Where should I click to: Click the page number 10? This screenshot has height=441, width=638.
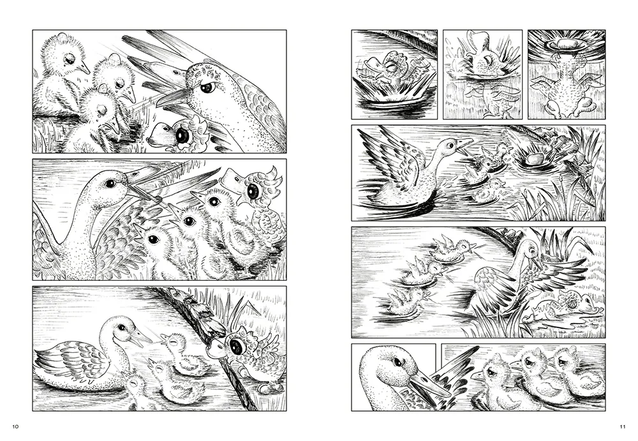coord(15,427)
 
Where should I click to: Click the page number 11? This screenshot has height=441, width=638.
coord(623,427)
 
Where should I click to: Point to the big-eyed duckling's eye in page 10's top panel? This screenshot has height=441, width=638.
coord(181,135)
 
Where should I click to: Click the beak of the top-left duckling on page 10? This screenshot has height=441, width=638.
coord(84,67)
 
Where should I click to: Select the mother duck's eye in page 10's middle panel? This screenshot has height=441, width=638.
coord(110,184)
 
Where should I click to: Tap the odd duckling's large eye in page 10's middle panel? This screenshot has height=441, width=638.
coord(253,191)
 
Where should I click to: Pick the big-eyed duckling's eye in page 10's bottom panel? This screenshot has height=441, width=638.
coord(235,347)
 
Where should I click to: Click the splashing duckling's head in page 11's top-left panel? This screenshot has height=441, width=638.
coord(389,63)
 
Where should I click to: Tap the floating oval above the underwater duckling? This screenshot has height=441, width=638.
coord(565,43)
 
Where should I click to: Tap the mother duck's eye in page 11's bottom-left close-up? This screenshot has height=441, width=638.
coord(398,362)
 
